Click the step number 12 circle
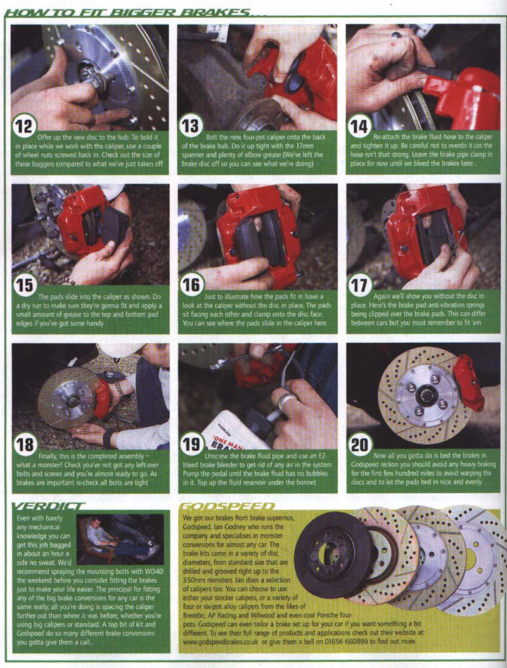click(24, 126)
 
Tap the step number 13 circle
click(190, 126)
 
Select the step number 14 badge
click(359, 126)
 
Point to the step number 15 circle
click(24, 286)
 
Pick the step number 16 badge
click(190, 286)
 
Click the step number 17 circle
click(359, 286)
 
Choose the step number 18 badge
click(24, 444)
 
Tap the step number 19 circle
click(191, 444)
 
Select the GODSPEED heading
click(228, 506)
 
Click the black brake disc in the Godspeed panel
click(333, 554)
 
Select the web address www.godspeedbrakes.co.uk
click(221, 641)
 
